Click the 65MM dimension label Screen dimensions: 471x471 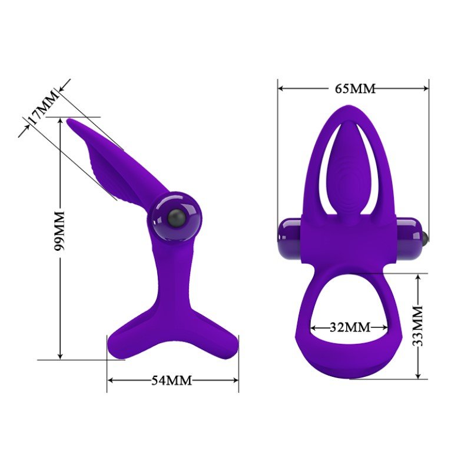355,89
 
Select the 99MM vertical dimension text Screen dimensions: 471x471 59,230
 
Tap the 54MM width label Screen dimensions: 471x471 171,380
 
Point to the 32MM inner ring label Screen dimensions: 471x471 350,327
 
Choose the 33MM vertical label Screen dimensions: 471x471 417,326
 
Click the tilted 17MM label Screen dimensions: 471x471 42,107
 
